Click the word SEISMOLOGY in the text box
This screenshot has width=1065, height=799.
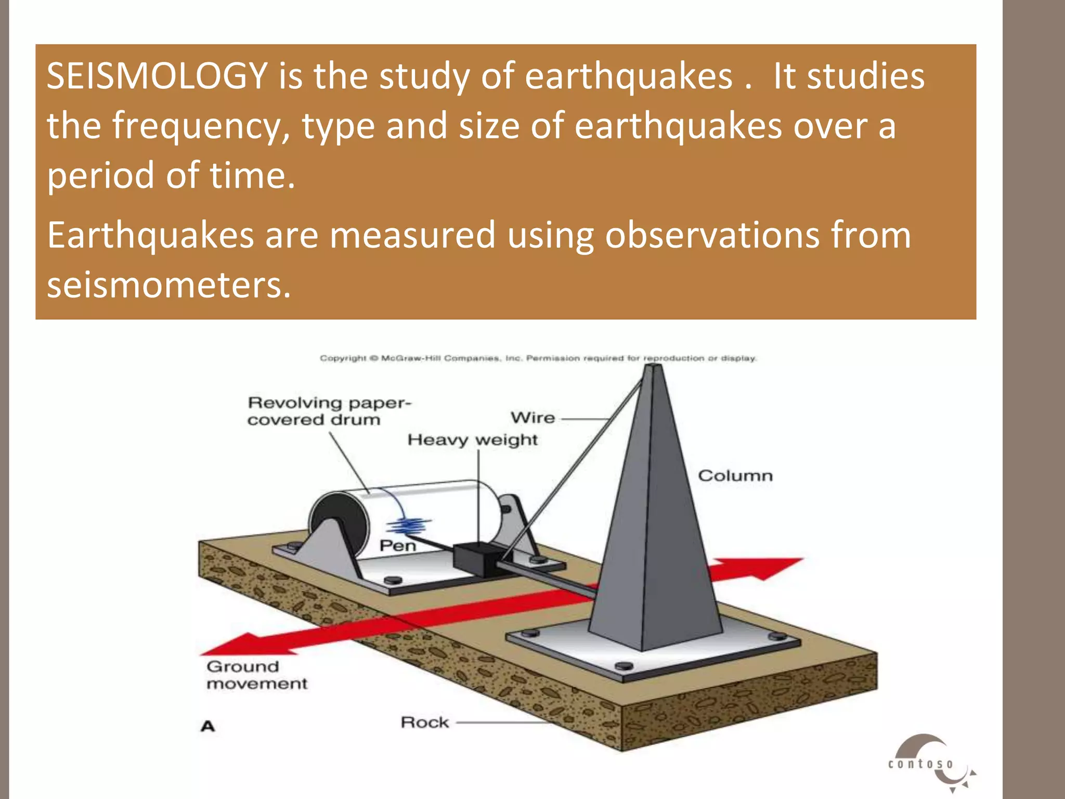tap(157, 76)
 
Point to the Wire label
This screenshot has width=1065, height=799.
tap(532, 418)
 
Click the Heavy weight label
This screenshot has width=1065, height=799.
tap(472, 440)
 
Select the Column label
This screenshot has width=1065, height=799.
tap(735, 475)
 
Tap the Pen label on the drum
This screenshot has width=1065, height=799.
tap(397, 546)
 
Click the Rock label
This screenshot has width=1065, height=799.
tap(424, 723)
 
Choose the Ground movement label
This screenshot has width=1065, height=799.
tap(256, 675)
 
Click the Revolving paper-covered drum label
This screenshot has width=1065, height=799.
tap(329, 411)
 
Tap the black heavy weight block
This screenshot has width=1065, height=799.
tap(475, 559)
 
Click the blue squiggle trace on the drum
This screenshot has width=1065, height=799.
tap(410, 526)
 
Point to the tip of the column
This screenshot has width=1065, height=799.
tap(653, 367)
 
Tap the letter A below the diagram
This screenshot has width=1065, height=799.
tap(207, 726)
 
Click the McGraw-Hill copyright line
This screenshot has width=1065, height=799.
tap(538, 358)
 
